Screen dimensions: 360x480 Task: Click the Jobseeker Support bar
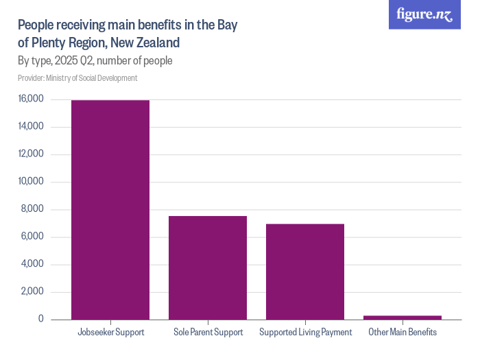tap(110, 210)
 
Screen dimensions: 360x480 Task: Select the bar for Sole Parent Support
tap(208, 268)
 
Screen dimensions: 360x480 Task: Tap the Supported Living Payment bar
tap(305, 272)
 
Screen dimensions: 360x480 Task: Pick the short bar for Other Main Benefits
tap(403, 317)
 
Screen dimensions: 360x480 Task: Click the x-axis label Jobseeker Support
tap(110, 333)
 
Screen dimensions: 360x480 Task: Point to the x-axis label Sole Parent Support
tap(208, 333)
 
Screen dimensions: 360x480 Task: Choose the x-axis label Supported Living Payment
tap(305, 333)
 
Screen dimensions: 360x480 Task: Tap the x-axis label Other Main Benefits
tap(403, 333)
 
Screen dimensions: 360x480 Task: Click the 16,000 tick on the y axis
tap(31, 99)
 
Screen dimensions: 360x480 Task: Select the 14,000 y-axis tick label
tap(31, 127)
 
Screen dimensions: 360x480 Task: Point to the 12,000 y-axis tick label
tap(31, 154)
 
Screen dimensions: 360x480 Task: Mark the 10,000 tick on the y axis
tap(31, 182)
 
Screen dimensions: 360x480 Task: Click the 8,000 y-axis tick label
tap(33, 209)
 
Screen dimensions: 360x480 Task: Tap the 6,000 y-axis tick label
tap(33, 237)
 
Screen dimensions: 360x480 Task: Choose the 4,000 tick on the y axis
tap(33, 265)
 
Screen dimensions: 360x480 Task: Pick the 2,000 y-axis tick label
tap(33, 292)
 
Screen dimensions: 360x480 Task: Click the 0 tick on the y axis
tap(41, 320)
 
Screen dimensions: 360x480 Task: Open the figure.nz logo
tap(424, 14)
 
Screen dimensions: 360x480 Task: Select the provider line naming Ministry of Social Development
tap(77, 78)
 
